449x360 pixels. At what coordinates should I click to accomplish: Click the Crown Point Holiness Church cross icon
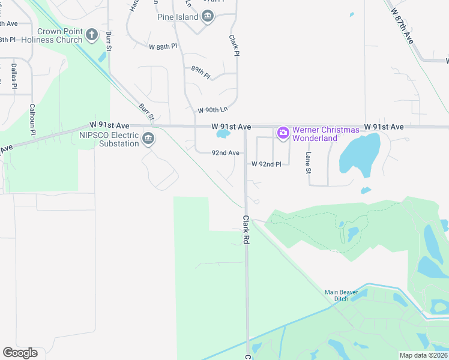[92, 34]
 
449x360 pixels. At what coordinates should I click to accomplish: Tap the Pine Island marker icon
[208, 16]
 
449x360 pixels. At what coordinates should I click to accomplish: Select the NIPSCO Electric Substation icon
[148, 140]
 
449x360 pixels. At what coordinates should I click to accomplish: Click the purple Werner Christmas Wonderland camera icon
[283, 133]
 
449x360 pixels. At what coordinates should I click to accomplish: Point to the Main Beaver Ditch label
[345, 296]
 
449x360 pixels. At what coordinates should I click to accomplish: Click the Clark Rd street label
[246, 229]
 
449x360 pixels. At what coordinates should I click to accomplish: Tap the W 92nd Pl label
[266, 164]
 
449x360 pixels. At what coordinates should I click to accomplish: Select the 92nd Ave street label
[225, 153]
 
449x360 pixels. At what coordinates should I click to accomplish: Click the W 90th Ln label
[213, 110]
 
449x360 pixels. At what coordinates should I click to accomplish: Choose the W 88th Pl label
[163, 46]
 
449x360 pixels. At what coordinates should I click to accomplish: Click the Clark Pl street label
[234, 45]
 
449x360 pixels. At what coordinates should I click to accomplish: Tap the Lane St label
[309, 163]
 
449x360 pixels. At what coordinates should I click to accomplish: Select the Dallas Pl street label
[13, 75]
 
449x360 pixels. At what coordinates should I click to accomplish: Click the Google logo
[20, 353]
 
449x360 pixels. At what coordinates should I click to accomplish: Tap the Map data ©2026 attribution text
[424, 355]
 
